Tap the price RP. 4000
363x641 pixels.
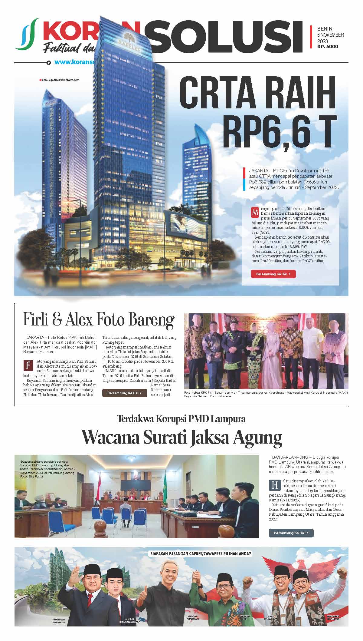[328, 47]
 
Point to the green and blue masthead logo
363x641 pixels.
[27, 34]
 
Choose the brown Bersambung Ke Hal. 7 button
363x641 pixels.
[125, 393]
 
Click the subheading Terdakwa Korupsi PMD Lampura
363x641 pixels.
[181, 419]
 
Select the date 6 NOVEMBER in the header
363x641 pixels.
[330, 35]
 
